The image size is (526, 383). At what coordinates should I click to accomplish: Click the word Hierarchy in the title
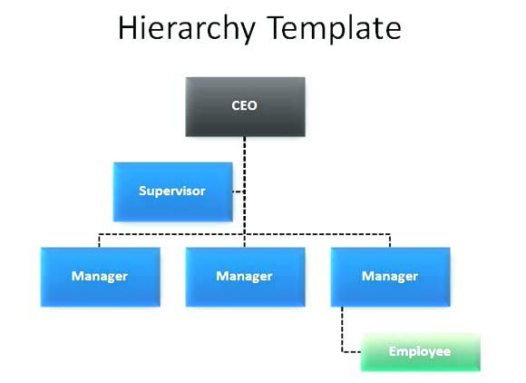pos(187,29)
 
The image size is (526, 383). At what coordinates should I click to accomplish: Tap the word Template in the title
pos(335,28)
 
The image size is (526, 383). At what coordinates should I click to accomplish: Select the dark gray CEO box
pos(245,107)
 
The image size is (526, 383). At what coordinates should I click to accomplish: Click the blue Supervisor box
pos(172,192)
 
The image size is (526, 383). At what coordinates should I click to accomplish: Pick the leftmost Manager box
pos(101,277)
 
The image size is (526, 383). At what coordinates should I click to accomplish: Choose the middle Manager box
pos(245,277)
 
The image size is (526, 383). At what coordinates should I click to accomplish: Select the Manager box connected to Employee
pos(390,277)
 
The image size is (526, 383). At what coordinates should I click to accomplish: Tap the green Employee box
pos(420,352)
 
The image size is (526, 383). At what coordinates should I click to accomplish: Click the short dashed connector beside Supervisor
pos(239,191)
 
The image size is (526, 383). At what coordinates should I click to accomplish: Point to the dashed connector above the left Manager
pos(99,241)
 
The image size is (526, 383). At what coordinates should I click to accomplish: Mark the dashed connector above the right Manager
pos(390,241)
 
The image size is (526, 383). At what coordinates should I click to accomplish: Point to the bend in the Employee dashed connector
pos(342,352)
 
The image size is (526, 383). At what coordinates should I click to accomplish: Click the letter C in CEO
pos(236,105)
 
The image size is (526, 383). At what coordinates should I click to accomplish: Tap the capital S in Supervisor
pos(143,191)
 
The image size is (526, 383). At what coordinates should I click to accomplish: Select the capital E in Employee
pos(393,351)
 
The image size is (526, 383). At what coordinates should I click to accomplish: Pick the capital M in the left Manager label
pos(77,276)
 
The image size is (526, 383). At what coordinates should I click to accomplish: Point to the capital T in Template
pos(279,28)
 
